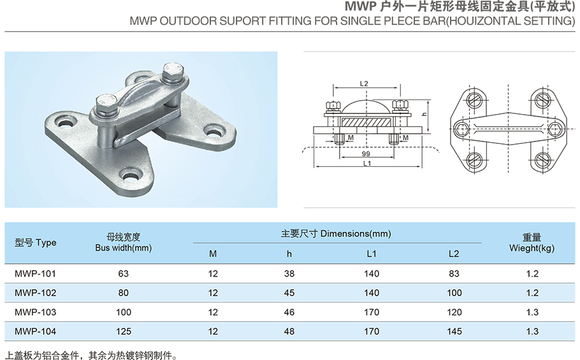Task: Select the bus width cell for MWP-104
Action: (124, 331)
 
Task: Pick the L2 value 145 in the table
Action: (453, 331)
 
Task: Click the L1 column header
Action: (372, 254)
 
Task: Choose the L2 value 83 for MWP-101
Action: (453, 274)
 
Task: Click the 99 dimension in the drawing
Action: (365, 154)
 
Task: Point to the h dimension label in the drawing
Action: (423, 112)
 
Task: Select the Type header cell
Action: (35, 243)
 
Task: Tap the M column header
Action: (213, 254)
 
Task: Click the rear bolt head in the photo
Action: (172, 71)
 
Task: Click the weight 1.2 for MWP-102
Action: (532, 293)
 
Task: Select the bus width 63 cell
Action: (124, 274)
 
